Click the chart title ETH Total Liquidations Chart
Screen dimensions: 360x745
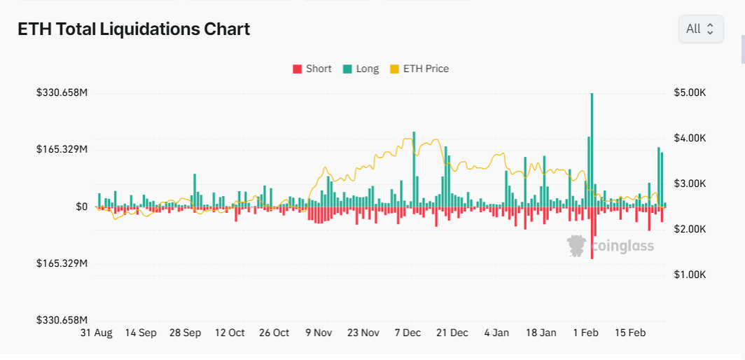pos(133,29)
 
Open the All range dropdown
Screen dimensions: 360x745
pos(700,29)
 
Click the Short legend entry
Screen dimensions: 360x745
pos(312,69)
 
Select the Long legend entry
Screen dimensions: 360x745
pos(361,69)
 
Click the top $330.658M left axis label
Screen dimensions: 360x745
pos(62,92)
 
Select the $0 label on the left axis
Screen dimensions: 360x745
pos(81,207)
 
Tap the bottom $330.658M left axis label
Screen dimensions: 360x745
pos(62,320)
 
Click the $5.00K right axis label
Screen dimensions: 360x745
pos(690,92)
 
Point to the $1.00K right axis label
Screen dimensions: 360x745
pos(690,275)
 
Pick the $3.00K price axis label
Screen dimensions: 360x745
pos(690,184)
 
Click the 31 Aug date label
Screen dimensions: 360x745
pos(96,333)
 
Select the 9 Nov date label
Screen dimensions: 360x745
pos(319,333)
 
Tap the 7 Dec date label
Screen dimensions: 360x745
pos(408,333)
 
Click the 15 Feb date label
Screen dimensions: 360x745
pos(629,333)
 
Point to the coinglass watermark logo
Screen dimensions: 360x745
pos(611,245)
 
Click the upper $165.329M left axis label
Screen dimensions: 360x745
pos(62,150)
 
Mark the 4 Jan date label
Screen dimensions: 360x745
pos(496,333)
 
